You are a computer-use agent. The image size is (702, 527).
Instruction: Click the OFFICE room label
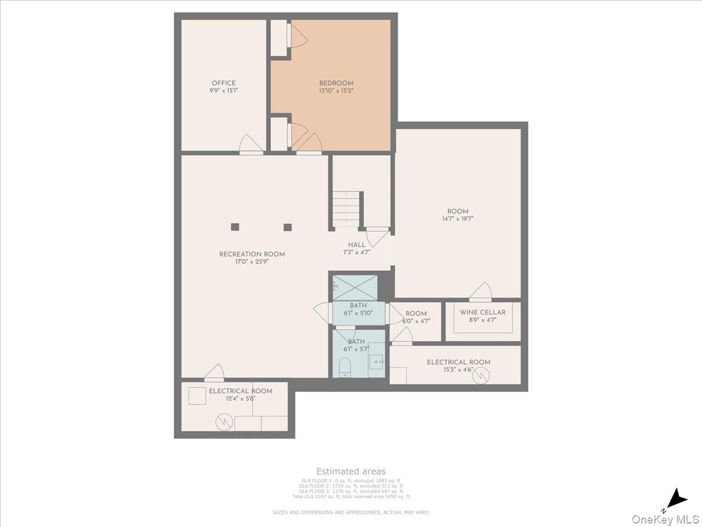coord(223,83)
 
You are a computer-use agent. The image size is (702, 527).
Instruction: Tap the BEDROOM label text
coord(336,83)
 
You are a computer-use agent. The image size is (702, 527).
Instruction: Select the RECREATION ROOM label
coord(252,254)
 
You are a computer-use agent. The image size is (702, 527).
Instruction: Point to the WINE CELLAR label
coord(483,313)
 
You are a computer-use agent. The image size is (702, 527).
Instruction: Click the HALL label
coord(357,245)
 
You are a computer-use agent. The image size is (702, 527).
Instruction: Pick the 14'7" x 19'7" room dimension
coord(457,219)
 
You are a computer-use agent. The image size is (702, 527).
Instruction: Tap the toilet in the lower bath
coord(345,367)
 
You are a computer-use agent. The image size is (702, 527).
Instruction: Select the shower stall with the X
coord(355,287)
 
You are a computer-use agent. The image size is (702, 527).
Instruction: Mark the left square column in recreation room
coord(235,227)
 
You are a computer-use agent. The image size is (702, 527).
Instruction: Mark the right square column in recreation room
coord(287,227)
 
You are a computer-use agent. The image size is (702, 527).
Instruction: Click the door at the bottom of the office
coord(252,146)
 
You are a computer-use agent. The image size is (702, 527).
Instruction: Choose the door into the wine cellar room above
coord(480,292)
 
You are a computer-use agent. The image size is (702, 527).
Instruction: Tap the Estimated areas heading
coord(351,471)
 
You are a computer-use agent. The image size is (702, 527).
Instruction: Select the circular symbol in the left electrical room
coord(223,422)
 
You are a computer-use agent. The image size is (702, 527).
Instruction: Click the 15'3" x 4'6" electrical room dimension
coord(458,370)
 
